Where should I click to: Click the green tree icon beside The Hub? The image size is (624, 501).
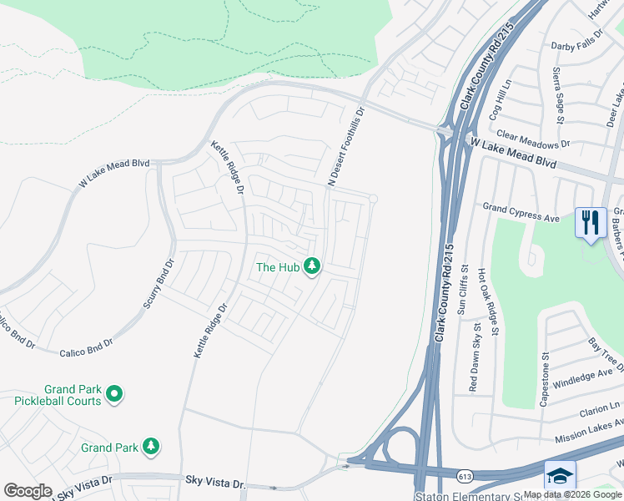click(312, 267)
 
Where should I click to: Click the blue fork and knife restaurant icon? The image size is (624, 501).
click(590, 223)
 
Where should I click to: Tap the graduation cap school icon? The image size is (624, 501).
click(560, 475)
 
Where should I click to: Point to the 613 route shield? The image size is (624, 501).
click(465, 475)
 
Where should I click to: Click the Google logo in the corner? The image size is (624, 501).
click(28, 491)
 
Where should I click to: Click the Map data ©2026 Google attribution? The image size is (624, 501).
click(573, 494)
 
